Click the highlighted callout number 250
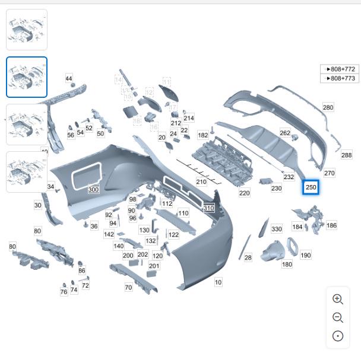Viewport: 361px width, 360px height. point(311,187)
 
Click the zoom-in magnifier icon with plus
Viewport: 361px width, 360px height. point(337,300)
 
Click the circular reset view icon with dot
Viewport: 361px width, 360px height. point(337,336)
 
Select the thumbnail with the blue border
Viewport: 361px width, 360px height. point(27,77)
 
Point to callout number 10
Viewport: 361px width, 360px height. point(218,282)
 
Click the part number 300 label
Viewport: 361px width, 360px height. point(93,190)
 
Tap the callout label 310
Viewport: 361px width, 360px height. point(208,208)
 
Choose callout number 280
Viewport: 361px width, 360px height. point(328,107)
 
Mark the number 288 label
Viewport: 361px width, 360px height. point(346,155)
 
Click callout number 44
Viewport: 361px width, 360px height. point(69,79)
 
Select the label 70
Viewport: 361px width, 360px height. point(128,288)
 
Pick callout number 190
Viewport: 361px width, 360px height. point(305,255)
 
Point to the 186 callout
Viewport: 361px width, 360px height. point(331,225)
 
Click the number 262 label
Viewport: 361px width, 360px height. point(285,133)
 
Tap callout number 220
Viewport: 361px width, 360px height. point(245,193)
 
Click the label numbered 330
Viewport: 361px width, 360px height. point(277,229)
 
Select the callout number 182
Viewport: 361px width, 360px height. point(203,135)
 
